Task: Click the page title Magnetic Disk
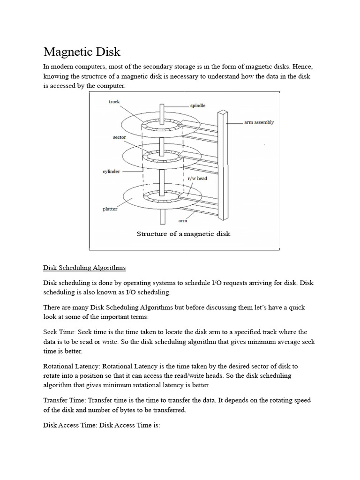click(82, 51)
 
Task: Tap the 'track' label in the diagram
click(114, 101)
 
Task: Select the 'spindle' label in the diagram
click(198, 106)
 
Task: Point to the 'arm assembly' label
click(259, 122)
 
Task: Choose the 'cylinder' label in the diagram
click(111, 172)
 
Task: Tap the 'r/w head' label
click(197, 179)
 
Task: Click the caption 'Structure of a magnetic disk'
click(183, 234)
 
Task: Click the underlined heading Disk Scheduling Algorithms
click(84, 268)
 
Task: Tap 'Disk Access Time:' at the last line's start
click(70, 427)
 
